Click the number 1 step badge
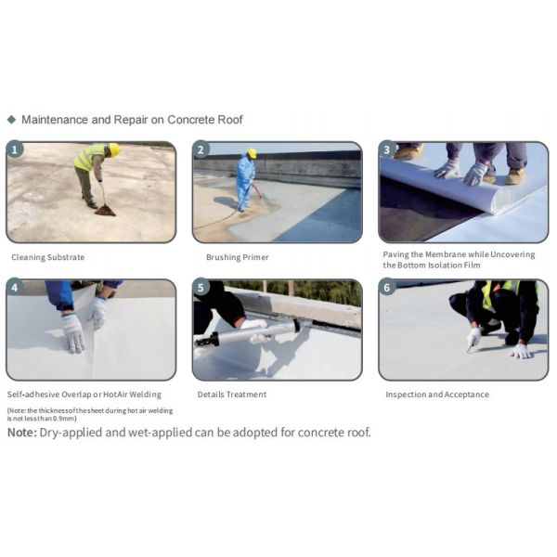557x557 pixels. click(x=15, y=149)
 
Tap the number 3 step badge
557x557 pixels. click(x=387, y=149)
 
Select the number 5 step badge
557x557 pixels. click(x=201, y=287)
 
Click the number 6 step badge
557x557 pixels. click(x=387, y=287)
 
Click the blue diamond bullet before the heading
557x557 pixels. click(x=12, y=120)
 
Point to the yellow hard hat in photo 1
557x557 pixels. click(x=114, y=149)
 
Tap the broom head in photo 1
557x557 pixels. click(x=105, y=211)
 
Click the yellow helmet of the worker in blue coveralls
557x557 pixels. click(x=252, y=153)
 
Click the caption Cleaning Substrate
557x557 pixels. click(x=48, y=257)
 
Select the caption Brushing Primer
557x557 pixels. click(x=238, y=257)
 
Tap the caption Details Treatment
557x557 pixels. click(x=232, y=395)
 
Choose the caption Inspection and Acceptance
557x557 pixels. click(x=437, y=395)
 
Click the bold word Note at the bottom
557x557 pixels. click(x=22, y=433)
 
